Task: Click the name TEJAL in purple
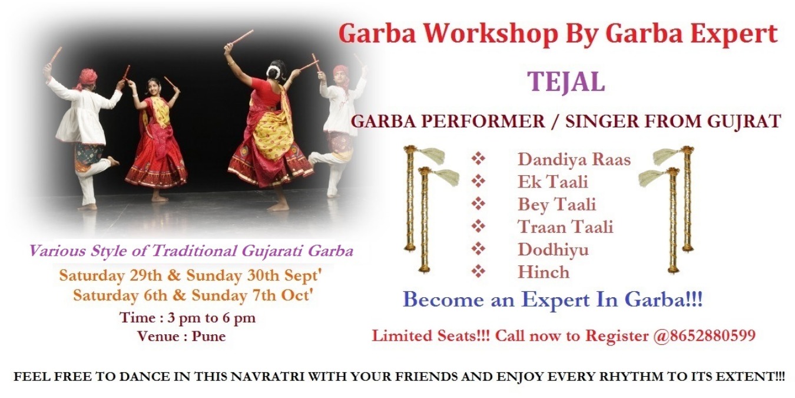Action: [566, 83]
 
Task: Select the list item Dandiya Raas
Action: [574, 159]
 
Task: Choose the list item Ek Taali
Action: [552, 182]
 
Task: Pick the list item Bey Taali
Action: [556, 205]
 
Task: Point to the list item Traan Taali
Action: [565, 227]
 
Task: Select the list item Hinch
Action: [544, 272]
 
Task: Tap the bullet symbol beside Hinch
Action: [478, 272]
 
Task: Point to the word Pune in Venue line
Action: [208, 336]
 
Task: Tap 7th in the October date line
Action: [264, 295]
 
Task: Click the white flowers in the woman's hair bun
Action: [273, 72]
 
